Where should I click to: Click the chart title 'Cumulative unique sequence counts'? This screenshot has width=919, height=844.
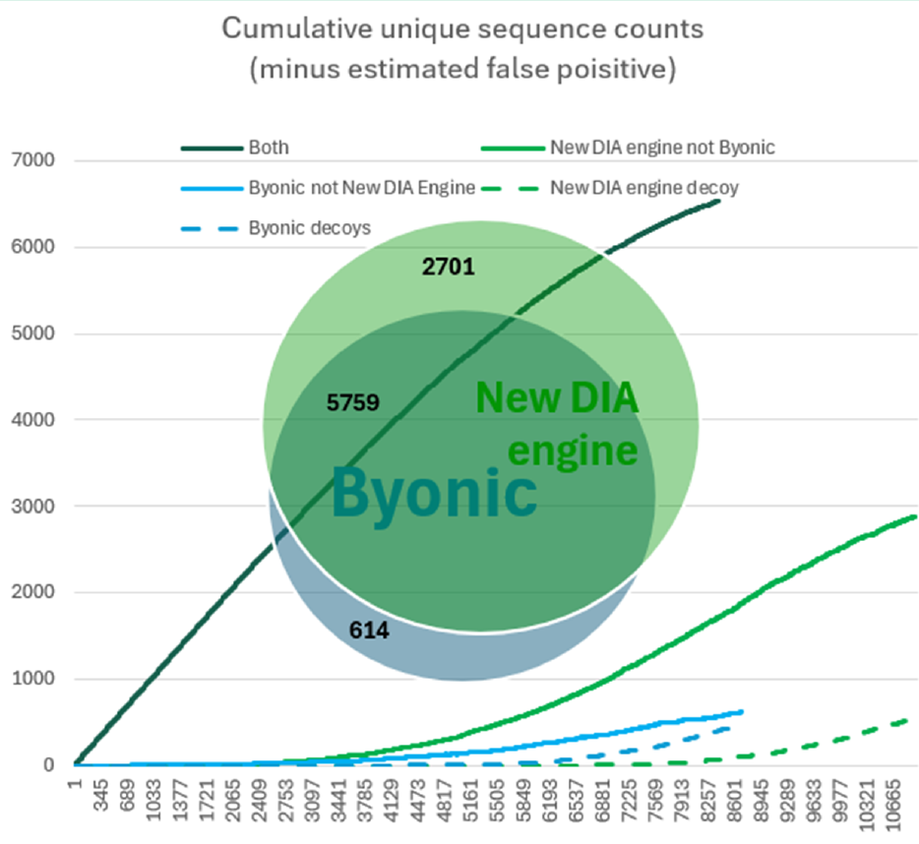(461, 28)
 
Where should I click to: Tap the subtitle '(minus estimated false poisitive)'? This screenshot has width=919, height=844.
(461, 70)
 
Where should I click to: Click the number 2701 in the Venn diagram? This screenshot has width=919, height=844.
(449, 266)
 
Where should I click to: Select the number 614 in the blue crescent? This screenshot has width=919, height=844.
(369, 631)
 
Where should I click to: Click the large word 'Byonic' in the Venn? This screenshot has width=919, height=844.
(434, 493)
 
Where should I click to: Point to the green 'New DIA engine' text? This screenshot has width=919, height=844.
(558, 424)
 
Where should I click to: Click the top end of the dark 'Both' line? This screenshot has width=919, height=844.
(719, 201)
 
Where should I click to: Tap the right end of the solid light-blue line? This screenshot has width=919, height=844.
(741, 710)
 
